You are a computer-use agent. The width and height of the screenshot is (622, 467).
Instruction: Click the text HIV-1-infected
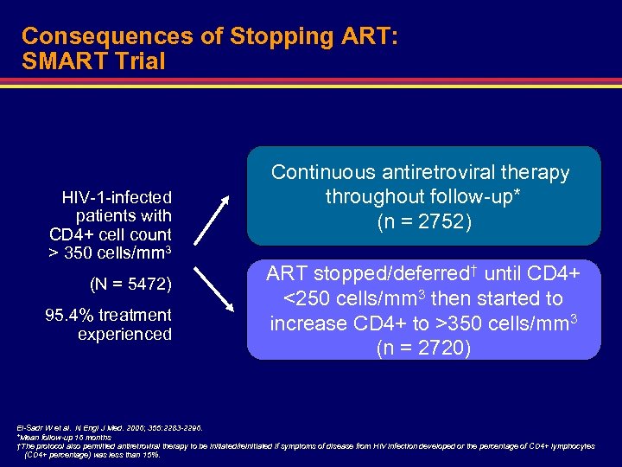pyautogui.click(x=117, y=197)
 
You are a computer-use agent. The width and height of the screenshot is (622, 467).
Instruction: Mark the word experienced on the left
pyautogui.click(x=124, y=334)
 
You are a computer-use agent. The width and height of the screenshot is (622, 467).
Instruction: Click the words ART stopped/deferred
pyautogui.click(x=353, y=274)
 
